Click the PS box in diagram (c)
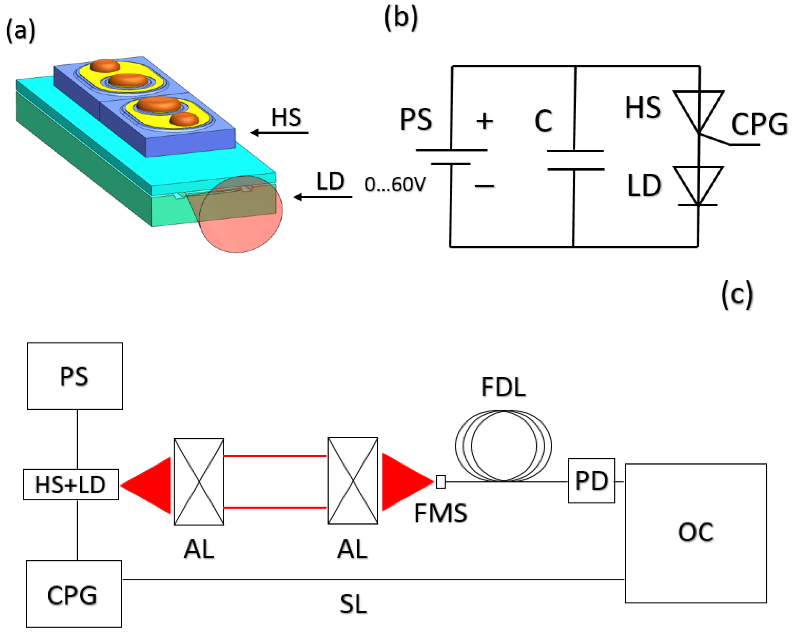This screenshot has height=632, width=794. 75,376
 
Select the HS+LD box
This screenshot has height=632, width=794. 71,484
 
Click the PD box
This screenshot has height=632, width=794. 591,480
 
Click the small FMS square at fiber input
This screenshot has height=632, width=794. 441,481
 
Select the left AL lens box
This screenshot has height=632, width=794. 199,481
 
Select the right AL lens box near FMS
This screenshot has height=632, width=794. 353,480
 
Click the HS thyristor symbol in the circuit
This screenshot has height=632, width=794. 698,111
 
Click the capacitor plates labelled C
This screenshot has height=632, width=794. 575,160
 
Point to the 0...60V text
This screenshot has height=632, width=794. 395,185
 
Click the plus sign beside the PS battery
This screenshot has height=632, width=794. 484,121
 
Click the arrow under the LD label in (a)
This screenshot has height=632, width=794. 322,197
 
